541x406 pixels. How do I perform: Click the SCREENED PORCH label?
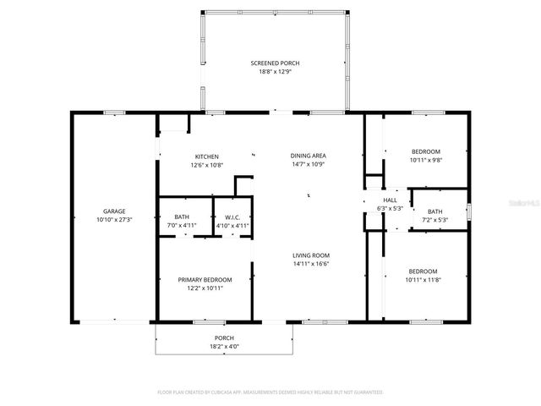pyautogui.click(x=274, y=63)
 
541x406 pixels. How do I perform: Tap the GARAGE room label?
pyautogui.click(x=114, y=211)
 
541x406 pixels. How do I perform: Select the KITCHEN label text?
pyautogui.click(x=207, y=156)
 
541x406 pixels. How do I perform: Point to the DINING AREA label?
pyautogui.click(x=309, y=156)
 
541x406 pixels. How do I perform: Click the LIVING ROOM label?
pyautogui.click(x=311, y=255)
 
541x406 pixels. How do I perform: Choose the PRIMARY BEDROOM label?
pyautogui.click(x=205, y=279)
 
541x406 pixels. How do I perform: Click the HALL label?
pyautogui.click(x=390, y=200)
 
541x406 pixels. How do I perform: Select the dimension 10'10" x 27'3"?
pyautogui.click(x=114, y=219)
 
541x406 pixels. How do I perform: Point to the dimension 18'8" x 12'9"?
pyautogui.click(x=274, y=72)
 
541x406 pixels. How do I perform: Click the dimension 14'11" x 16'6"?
pyautogui.click(x=311, y=264)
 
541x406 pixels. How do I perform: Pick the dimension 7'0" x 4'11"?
pyautogui.click(x=182, y=226)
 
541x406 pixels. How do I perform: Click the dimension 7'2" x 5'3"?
pyautogui.click(x=434, y=220)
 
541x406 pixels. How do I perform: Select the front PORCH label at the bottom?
pyautogui.click(x=224, y=337)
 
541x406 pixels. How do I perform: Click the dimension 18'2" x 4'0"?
pyautogui.click(x=224, y=346)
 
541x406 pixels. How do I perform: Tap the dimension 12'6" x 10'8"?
pyautogui.click(x=207, y=165)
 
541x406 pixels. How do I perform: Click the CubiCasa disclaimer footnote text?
pyautogui.click(x=270, y=392)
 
